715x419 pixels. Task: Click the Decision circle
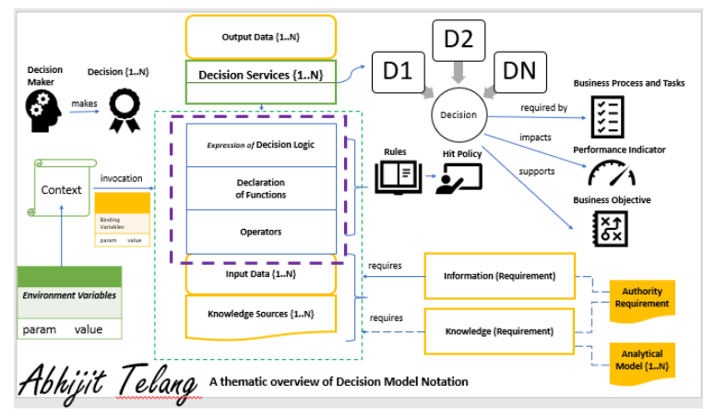tap(459, 115)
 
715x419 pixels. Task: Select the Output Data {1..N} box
tap(261, 37)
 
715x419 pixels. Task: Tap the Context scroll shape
tap(62, 189)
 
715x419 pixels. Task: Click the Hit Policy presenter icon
tap(459, 179)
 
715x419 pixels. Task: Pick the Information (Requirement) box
tap(499, 275)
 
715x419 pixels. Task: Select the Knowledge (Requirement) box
tap(499, 330)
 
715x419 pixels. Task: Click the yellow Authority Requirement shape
tap(642, 297)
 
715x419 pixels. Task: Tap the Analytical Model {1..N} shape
tap(643, 358)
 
